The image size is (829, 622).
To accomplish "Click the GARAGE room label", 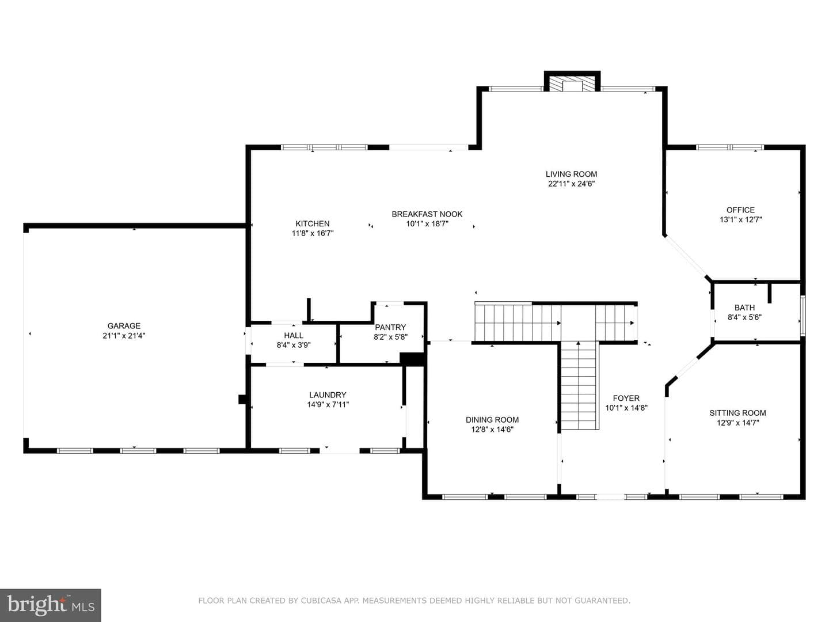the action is click(x=124, y=325).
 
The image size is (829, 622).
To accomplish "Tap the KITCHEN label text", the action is click(x=313, y=223).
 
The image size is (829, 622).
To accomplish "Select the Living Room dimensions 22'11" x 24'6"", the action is click(x=572, y=184).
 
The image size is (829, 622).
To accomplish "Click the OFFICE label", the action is click(x=740, y=210).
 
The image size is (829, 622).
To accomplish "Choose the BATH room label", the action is click(x=744, y=308).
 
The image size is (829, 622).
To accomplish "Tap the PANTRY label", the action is click(x=390, y=328).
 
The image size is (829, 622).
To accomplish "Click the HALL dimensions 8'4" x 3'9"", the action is click(x=294, y=345).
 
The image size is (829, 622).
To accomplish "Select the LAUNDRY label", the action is click(x=328, y=395).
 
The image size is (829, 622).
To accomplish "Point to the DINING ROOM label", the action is click(x=492, y=420).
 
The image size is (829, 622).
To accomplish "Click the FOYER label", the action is click(x=626, y=398).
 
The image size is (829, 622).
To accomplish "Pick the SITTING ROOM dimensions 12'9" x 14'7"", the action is click(x=737, y=423).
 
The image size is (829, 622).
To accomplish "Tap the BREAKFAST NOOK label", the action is click(x=427, y=214).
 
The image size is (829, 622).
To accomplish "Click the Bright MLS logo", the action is click(x=51, y=605).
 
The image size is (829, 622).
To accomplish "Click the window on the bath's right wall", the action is click(x=803, y=316).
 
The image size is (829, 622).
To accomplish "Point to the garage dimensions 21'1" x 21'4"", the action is click(x=124, y=335).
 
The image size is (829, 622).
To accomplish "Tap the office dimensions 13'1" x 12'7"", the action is click(x=740, y=220).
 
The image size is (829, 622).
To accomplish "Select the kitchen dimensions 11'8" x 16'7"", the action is click(x=313, y=233).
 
